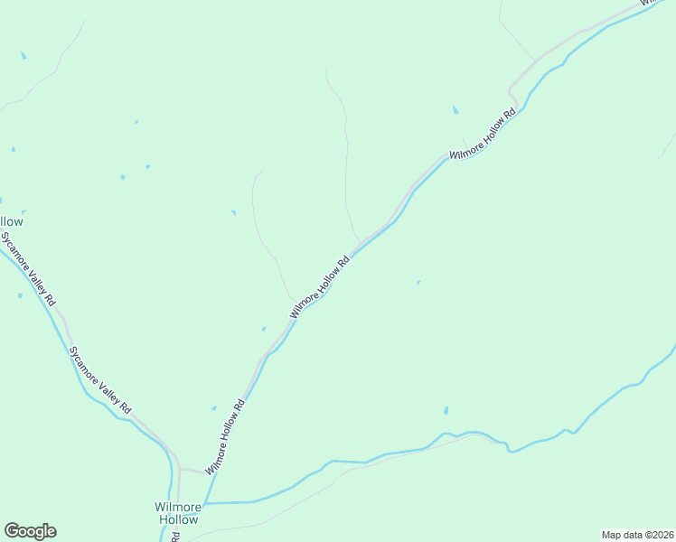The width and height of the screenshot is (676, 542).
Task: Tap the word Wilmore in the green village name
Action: (177, 507)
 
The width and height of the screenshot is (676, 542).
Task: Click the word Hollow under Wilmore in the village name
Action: (178, 520)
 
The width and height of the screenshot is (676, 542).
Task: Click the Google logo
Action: (30, 531)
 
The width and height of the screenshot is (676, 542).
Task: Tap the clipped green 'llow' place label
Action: (12, 221)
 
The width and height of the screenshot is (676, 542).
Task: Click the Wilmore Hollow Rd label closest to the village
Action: (226, 437)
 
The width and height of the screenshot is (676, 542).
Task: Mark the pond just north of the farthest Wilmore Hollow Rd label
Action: (455, 110)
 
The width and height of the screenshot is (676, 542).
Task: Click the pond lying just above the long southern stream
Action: (446, 411)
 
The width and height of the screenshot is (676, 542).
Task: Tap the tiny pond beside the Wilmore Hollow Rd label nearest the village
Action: (214, 407)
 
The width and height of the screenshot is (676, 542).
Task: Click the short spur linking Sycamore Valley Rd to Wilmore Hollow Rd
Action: (192, 471)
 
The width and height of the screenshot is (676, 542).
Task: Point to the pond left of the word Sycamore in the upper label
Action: (20, 294)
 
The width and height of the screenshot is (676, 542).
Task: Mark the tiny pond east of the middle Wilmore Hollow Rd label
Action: (418, 283)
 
